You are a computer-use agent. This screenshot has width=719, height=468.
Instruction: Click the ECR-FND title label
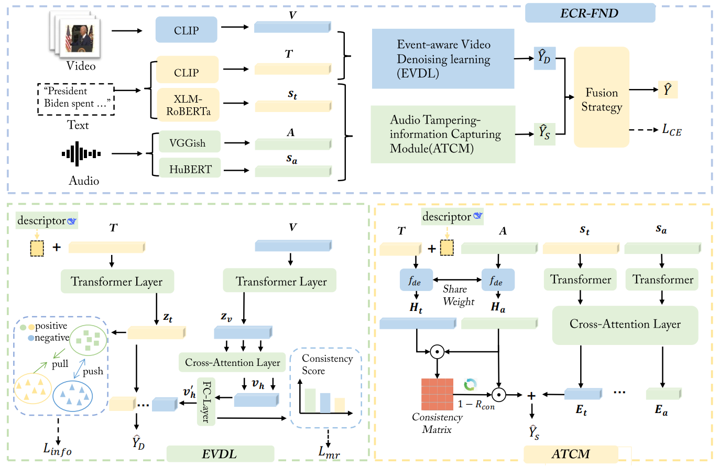pyautogui.click(x=590, y=13)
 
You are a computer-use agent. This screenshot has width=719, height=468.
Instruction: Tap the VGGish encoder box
pyautogui.click(x=190, y=143)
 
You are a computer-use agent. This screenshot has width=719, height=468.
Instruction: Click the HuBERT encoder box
pyautogui.click(x=190, y=169)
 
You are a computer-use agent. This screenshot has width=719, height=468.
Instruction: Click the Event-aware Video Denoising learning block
pyautogui.click(x=443, y=59)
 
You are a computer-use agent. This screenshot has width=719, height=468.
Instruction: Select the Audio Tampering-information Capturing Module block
pyautogui.click(x=443, y=135)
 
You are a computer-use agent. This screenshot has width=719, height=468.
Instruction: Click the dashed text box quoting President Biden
pyautogui.click(x=76, y=98)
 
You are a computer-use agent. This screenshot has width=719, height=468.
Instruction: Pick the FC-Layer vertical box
pyautogui.click(x=206, y=400)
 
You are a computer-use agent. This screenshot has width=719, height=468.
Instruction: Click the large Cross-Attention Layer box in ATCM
pyautogui.click(x=625, y=325)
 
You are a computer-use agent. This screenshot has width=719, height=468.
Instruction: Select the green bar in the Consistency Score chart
pyautogui.click(x=310, y=400)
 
